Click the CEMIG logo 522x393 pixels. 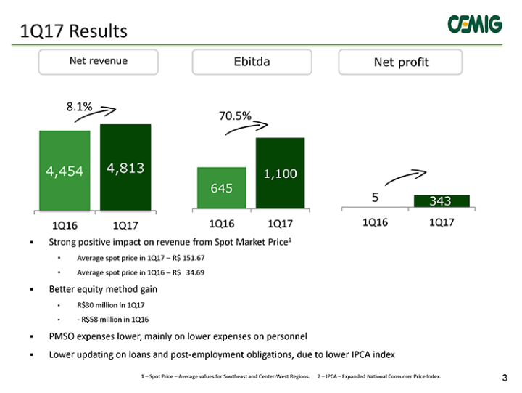pyautogui.click(x=475, y=24)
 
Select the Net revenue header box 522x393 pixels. pyautogui.click(x=98, y=62)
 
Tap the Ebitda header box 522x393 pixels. pyautogui.click(x=252, y=62)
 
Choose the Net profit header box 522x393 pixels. pyautogui.click(x=400, y=62)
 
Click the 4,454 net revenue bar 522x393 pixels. pyautogui.click(x=65, y=171)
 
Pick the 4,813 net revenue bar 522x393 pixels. pyautogui.click(x=125, y=167)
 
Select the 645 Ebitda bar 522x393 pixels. pyautogui.click(x=222, y=188)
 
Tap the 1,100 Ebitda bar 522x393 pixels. pyautogui.click(x=281, y=173)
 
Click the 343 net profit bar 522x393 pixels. pyautogui.click(x=442, y=201)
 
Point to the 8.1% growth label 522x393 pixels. pyautogui.click(x=79, y=107)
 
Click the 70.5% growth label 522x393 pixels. pyautogui.click(x=235, y=116)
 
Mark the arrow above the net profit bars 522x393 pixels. pyautogui.click(x=405, y=177)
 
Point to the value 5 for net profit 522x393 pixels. pyautogui.click(x=376, y=198)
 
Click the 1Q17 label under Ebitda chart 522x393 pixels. pyautogui.click(x=281, y=224)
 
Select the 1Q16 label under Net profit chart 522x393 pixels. pyautogui.click(x=376, y=222)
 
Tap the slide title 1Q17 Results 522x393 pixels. pyautogui.click(x=73, y=31)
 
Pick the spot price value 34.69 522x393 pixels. pyautogui.click(x=195, y=272)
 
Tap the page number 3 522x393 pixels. pyautogui.click(x=505, y=378)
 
